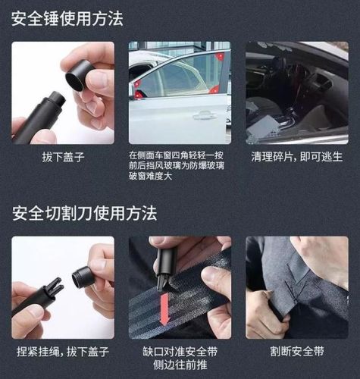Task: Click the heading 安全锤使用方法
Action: [x=67, y=19]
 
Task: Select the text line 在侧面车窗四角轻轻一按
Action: [x=180, y=155]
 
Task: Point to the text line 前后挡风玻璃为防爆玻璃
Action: [x=180, y=167]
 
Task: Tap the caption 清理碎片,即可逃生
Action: [x=296, y=157]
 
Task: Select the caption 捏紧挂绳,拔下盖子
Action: [x=62, y=352]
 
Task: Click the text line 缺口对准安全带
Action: [x=180, y=351]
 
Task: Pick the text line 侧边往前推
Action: [x=180, y=365]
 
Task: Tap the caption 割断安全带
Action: [x=296, y=352]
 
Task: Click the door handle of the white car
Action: [x=203, y=116]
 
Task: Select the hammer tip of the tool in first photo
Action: [x=55, y=99]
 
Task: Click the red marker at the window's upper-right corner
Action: [x=219, y=56]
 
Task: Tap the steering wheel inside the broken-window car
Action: [x=299, y=80]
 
